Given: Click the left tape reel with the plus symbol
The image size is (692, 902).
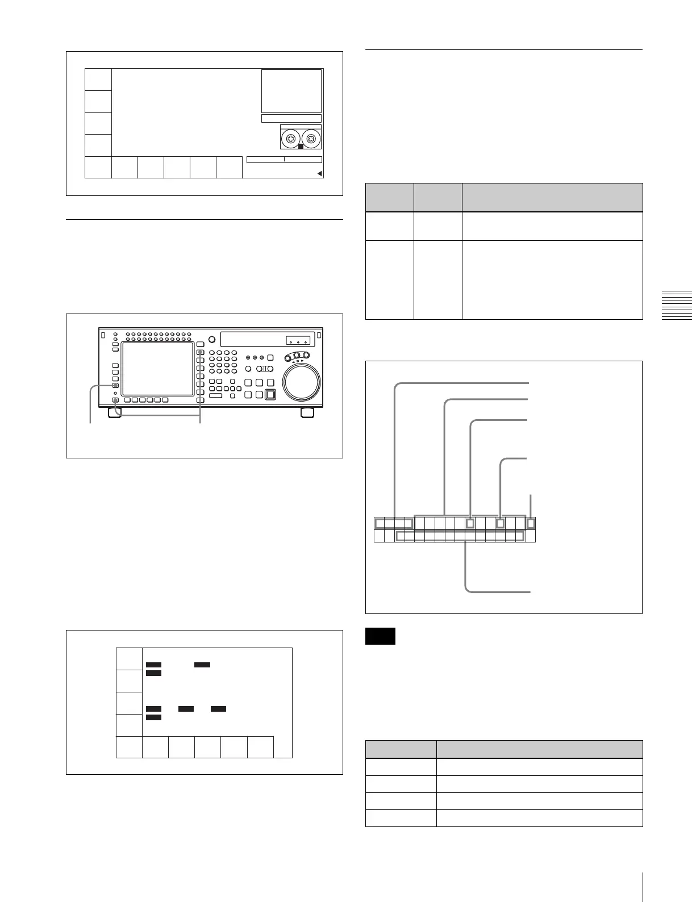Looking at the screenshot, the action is click(x=291, y=138).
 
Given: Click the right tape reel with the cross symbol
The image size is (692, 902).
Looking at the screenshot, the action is click(x=311, y=138).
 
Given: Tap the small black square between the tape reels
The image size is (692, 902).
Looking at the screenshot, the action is click(x=301, y=147).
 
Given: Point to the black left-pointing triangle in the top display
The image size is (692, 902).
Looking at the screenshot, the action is click(x=319, y=174).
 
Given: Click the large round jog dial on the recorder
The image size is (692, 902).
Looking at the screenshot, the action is click(x=301, y=382).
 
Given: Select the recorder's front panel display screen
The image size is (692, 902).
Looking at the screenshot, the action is click(x=157, y=369).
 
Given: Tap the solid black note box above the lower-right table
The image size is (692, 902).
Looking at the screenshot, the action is click(x=380, y=636).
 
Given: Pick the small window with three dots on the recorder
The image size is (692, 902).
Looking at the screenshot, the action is click(x=298, y=341).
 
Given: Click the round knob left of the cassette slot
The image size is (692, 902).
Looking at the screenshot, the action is click(x=212, y=340).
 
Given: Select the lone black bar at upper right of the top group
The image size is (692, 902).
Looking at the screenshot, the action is click(x=202, y=664).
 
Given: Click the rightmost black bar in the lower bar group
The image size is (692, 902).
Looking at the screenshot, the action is click(x=218, y=709).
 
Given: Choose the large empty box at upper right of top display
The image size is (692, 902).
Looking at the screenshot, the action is click(x=291, y=91).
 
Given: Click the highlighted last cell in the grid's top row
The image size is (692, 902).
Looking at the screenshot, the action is click(x=531, y=523).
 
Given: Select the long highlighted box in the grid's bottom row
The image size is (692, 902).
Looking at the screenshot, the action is click(x=460, y=536).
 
